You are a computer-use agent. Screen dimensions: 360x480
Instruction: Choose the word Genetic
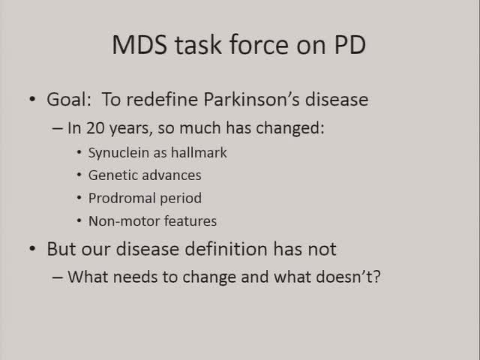tap(112, 175)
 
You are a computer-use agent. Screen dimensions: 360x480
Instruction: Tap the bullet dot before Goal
tap(31, 100)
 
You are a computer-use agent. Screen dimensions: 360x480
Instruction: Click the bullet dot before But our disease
tap(31, 249)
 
